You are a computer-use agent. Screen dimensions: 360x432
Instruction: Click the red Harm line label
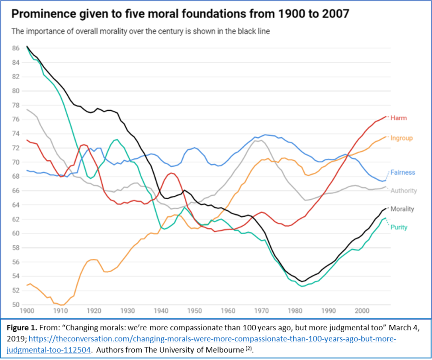pyautogui.click(x=398, y=118)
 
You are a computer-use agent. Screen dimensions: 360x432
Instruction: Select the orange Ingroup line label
pyautogui.click(x=401, y=138)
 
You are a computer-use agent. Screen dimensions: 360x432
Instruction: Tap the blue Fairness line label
pyautogui.click(x=403, y=172)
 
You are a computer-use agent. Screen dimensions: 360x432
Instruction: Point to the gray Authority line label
pyautogui.click(x=404, y=191)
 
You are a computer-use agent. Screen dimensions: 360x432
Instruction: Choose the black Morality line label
pyautogui.click(x=402, y=209)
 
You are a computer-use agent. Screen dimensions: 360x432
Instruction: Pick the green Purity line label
pyautogui.click(x=399, y=228)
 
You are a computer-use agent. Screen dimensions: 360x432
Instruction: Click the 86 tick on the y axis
pyautogui.click(x=16, y=48)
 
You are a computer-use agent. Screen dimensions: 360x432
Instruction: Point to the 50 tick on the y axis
pyautogui.click(x=16, y=305)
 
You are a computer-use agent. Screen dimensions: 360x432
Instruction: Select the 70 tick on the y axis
pyautogui.click(x=16, y=162)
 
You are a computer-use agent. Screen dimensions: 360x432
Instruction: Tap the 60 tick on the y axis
pyautogui.click(x=16, y=233)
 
